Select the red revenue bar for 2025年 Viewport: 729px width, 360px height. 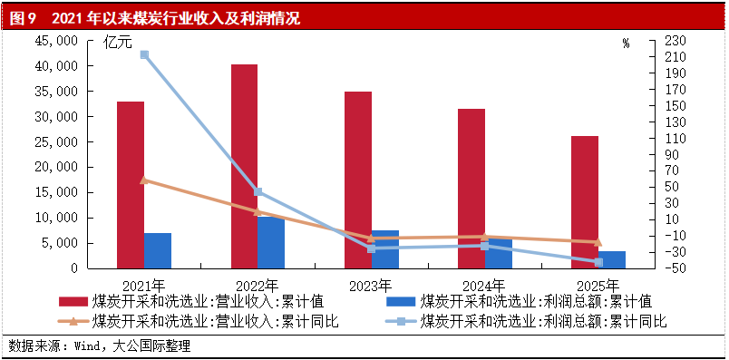point(585,201)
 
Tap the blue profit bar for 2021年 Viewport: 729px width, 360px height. point(158,250)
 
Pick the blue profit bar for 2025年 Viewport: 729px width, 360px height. point(612,259)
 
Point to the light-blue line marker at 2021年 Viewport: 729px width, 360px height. point(144,55)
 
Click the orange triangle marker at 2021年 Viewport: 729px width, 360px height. point(144,180)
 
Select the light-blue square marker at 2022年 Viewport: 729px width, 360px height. point(258,191)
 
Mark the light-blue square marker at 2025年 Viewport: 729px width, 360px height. point(598,262)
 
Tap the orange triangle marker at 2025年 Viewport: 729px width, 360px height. point(598,242)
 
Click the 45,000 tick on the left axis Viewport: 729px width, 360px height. point(55,42)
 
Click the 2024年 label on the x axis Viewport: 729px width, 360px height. point(485,283)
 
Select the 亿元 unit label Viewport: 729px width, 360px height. point(118,42)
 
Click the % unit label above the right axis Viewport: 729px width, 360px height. point(626,43)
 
